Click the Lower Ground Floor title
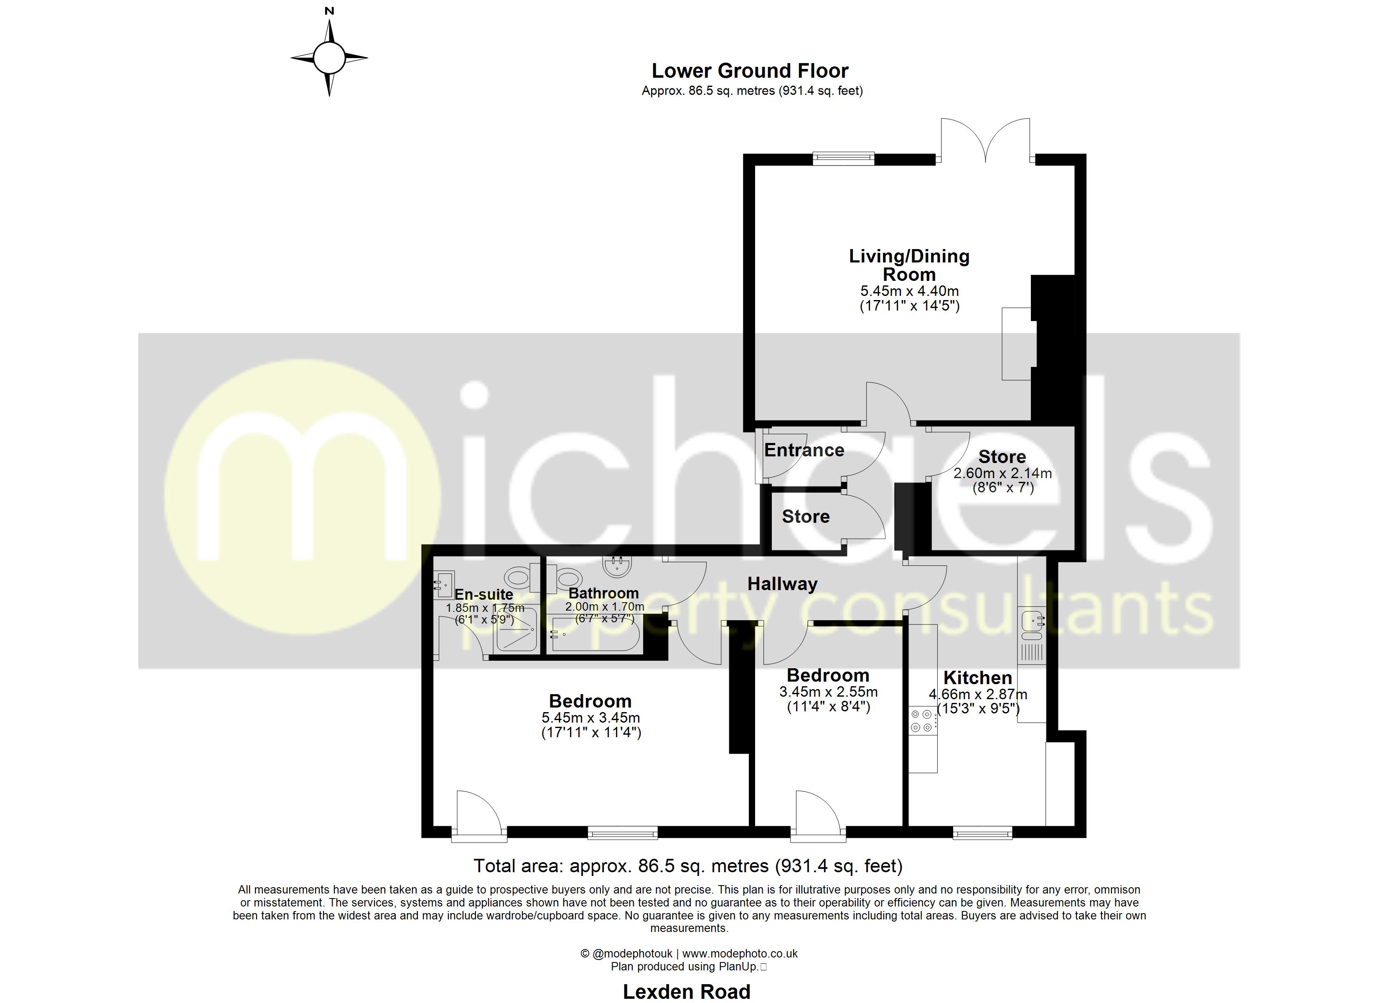(749, 71)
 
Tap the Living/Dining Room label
(908, 265)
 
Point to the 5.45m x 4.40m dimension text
(909, 291)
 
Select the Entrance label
(804, 450)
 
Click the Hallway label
(782, 584)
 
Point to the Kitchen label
(977, 677)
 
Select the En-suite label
(483, 594)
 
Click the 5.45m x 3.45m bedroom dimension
(590, 718)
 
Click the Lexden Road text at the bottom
(687, 991)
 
